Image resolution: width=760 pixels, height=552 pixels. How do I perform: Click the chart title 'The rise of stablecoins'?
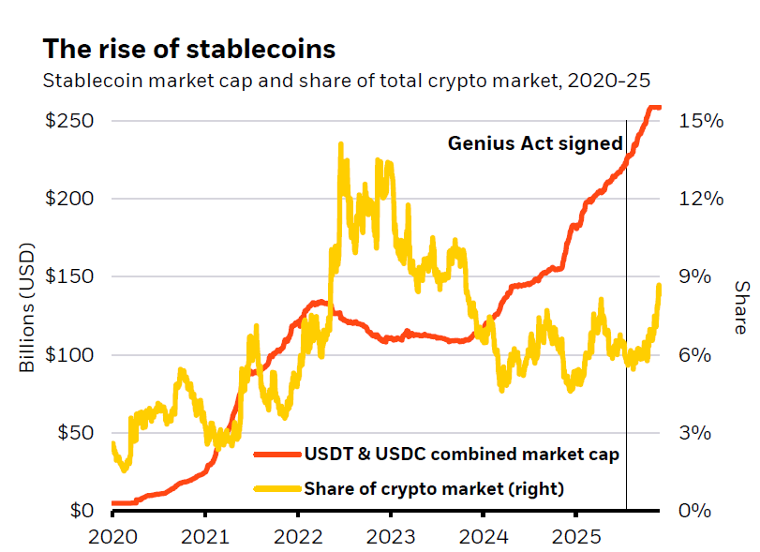click(x=189, y=49)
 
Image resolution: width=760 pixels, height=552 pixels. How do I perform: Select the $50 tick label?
click(x=74, y=433)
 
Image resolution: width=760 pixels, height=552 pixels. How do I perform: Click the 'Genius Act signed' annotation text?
click(x=535, y=143)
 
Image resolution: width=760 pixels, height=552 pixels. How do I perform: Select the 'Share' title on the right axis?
click(x=740, y=307)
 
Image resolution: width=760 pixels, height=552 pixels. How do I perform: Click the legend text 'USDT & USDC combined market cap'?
click(x=461, y=455)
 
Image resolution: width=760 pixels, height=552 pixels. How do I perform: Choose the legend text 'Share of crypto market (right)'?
click(x=434, y=487)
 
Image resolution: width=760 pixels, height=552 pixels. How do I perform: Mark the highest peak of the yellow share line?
click(x=340, y=144)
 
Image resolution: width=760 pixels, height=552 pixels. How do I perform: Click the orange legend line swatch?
click(x=276, y=455)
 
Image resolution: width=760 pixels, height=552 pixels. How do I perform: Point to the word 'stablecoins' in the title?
click(x=267, y=49)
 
